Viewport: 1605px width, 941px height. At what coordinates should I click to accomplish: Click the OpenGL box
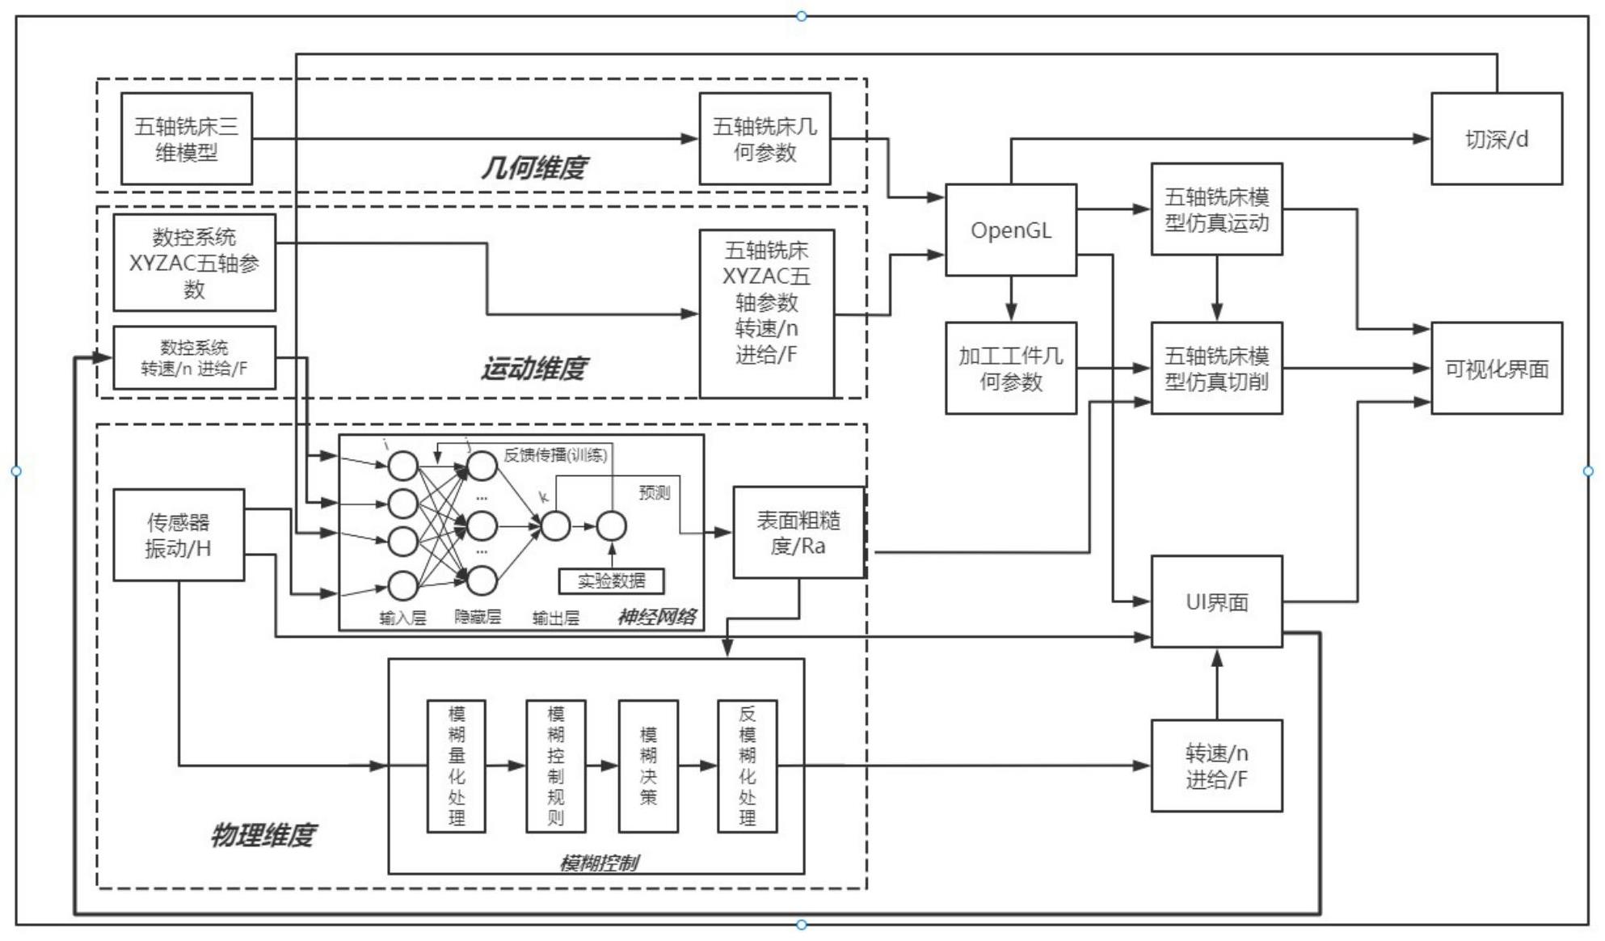1010,230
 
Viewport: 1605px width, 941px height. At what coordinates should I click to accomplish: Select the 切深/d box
1496,139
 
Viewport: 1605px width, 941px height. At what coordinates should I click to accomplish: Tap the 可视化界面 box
1496,369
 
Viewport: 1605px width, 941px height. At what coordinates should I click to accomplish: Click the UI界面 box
1216,601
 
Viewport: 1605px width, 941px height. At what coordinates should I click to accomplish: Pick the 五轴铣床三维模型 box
187,139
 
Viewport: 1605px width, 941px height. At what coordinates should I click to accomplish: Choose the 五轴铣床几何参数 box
765,139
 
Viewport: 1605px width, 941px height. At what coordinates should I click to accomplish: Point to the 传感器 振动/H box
179,535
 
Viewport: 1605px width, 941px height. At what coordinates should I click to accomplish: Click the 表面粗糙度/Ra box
798,533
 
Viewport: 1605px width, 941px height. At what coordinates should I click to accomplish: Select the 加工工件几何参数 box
1010,369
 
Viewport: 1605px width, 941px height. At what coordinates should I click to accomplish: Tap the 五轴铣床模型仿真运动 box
1216,209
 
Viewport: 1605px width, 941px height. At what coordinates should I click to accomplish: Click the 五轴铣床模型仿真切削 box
1216,369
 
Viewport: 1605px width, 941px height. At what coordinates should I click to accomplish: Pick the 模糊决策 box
648,766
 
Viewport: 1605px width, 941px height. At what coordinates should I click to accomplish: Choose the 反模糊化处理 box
748,766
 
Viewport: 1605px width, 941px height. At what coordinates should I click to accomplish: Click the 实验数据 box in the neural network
612,580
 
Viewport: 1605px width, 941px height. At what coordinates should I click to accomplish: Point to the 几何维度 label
533,167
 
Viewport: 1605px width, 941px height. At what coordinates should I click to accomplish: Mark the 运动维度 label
533,369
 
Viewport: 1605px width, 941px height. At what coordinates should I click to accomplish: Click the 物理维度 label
263,834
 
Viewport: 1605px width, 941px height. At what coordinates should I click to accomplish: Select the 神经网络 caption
656,618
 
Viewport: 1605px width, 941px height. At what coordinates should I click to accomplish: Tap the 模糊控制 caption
598,863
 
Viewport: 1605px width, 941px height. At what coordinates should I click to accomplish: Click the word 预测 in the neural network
654,492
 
